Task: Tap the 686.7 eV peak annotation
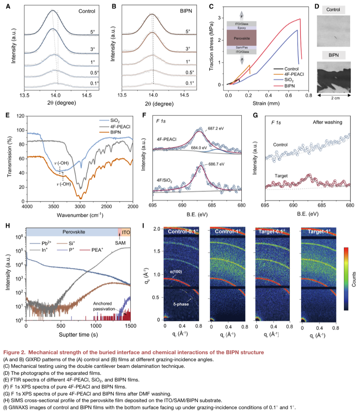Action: [x=216, y=164]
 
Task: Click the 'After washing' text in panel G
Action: [x=327, y=123]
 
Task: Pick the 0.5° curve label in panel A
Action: [x=94, y=73]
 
